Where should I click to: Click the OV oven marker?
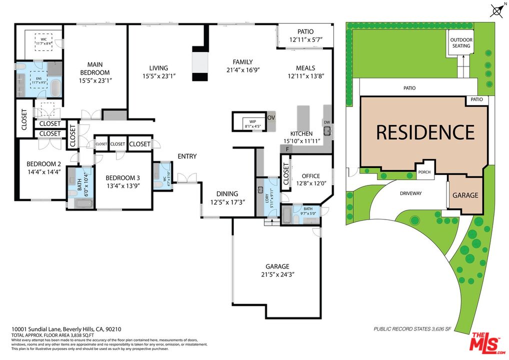(x=271, y=117)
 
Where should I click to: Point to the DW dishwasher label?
(x=327, y=122)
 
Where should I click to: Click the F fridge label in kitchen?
(x=288, y=149)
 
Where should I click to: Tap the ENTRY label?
(x=187, y=156)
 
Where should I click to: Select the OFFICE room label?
(x=314, y=175)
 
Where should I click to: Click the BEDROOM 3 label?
(x=122, y=178)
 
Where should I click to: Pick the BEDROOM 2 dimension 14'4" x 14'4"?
(x=43, y=171)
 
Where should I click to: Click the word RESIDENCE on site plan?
(x=425, y=132)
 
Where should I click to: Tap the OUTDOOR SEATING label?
(x=461, y=43)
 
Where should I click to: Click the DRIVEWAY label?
(x=411, y=193)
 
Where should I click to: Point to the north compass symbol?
(x=497, y=10)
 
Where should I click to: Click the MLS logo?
(x=485, y=342)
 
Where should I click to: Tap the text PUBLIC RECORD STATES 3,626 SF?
(x=412, y=329)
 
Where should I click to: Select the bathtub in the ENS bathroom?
(x=55, y=88)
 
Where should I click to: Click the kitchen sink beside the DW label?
(x=327, y=131)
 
